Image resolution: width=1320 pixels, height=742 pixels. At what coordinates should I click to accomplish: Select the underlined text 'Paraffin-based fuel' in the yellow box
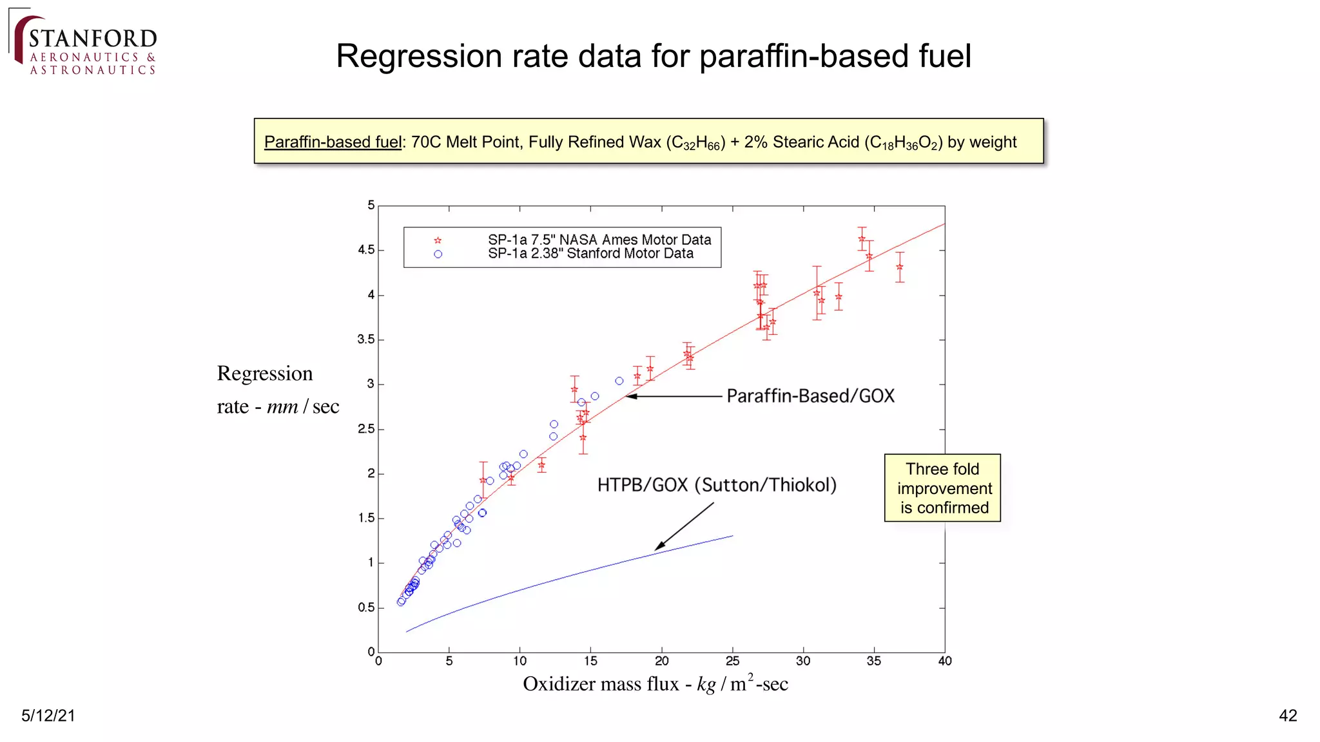pos(333,142)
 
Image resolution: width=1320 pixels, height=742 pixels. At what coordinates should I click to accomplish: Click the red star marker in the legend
pos(438,241)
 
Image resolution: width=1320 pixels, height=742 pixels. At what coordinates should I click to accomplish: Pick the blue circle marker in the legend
pos(438,254)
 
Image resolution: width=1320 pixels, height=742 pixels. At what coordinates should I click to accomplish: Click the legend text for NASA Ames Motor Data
pos(599,240)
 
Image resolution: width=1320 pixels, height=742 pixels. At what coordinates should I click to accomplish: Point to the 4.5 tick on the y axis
pos(366,250)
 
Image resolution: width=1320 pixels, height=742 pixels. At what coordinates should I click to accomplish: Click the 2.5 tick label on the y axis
pos(366,429)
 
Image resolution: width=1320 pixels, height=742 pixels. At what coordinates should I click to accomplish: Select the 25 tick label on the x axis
pos(732,661)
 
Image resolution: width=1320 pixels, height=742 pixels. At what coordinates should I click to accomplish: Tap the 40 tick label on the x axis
pos(944,661)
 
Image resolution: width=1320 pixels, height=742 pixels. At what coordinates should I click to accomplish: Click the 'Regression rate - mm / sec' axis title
pos(278,390)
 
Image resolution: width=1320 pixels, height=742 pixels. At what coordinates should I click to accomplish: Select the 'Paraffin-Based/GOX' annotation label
pos(810,396)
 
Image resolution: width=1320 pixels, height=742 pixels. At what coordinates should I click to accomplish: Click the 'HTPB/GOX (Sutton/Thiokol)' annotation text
pos(717,485)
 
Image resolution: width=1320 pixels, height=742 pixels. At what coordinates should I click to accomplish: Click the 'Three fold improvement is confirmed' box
pos(942,488)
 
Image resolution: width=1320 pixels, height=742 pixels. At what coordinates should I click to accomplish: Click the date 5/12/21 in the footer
pos(48,716)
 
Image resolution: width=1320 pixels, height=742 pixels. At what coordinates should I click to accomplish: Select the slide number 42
pos(1287,716)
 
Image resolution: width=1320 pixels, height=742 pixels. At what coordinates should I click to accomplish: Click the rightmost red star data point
pos(900,267)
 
